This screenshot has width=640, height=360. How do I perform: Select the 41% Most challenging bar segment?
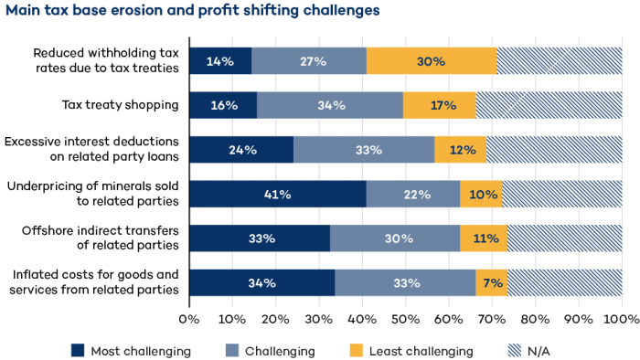click(x=277, y=194)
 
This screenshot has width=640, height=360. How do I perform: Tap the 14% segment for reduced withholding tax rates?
click(x=220, y=61)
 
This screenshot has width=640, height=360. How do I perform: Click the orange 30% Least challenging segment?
click(x=431, y=61)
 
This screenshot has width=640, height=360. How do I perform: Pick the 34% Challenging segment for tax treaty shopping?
click(x=330, y=105)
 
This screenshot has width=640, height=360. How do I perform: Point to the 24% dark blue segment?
click(x=241, y=150)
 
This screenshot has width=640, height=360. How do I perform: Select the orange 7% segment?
click(x=492, y=283)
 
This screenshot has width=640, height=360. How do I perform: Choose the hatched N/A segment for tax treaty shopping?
click(x=549, y=105)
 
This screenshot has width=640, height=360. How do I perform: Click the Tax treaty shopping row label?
click(x=120, y=105)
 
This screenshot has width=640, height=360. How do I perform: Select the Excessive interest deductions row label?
click(x=91, y=150)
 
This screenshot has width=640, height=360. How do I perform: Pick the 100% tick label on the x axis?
click(x=621, y=320)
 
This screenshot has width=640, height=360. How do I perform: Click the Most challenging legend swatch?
click(x=78, y=351)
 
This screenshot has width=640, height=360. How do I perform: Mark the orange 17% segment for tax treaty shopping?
click(x=440, y=105)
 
